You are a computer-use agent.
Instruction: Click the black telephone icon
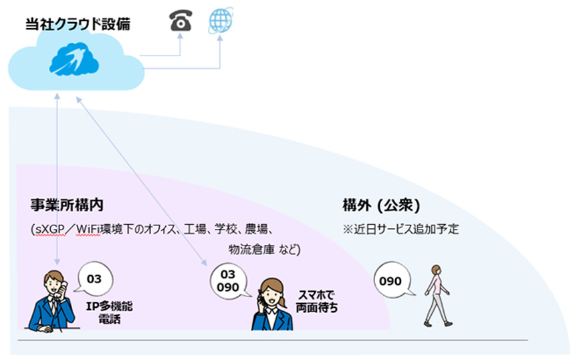pos(181,20)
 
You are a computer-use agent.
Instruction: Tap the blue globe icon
pos(221,20)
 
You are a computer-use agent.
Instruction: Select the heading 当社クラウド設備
pos(78,24)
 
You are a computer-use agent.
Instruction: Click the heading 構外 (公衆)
pos(381,205)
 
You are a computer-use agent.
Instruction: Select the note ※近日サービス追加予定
pos(400,229)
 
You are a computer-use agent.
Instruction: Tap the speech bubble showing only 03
pos(94,279)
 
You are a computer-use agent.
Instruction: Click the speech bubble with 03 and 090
pos(228,281)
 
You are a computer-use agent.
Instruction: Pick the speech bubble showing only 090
pos(392,280)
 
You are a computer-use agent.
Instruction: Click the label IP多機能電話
pos(109,312)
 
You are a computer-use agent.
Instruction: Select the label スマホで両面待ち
pos(317,301)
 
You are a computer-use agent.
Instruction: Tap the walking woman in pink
pos(437,295)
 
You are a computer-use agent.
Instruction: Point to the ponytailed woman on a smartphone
pos(272,304)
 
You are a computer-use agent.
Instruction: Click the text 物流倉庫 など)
pos(264,250)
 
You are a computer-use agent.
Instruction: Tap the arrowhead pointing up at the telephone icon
pos(180,36)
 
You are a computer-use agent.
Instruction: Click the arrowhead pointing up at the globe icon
pos(220,37)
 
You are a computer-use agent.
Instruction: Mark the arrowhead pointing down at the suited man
pos(57,262)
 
